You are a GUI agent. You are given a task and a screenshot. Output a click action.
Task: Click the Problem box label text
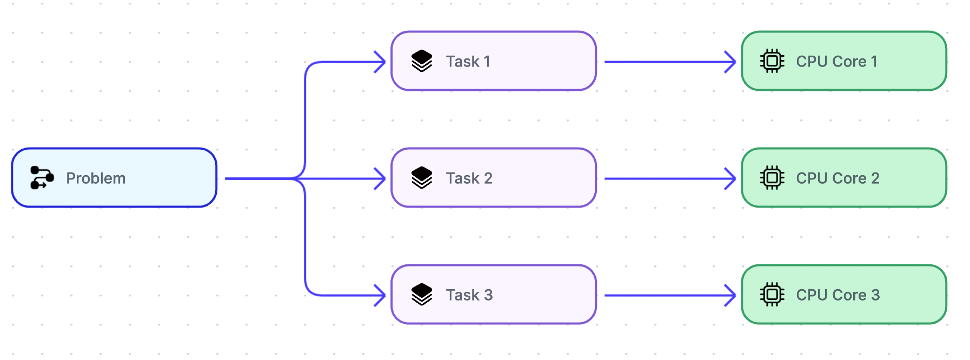click(x=96, y=178)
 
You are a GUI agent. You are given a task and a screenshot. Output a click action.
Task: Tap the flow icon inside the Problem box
click(x=42, y=178)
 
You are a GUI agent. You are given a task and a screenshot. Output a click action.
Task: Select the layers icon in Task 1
click(x=422, y=61)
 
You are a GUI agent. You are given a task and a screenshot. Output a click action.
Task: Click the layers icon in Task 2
click(x=422, y=178)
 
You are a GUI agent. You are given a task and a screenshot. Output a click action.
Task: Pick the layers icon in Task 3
click(x=422, y=295)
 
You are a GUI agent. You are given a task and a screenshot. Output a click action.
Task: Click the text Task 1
click(x=468, y=62)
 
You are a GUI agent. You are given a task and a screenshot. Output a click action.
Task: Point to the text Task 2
click(x=469, y=178)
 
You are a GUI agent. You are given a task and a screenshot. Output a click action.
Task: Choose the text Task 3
click(x=469, y=295)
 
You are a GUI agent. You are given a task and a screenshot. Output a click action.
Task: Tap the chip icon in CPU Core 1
click(x=772, y=61)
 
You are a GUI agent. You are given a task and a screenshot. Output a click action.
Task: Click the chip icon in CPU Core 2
click(x=772, y=178)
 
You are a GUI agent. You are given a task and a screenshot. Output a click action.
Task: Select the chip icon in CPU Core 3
click(x=772, y=295)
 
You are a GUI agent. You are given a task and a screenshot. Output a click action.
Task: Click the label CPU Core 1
click(x=836, y=62)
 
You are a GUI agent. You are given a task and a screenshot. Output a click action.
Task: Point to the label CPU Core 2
click(x=838, y=178)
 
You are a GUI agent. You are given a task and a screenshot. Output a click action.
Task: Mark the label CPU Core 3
click(x=838, y=295)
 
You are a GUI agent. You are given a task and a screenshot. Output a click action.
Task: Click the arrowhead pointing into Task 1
click(x=381, y=62)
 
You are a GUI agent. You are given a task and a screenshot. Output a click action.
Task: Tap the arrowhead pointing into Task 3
click(x=381, y=296)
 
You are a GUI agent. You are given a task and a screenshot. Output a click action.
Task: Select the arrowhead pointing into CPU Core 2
click(x=731, y=179)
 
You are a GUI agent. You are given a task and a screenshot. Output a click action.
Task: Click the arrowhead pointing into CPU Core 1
click(x=731, y=62)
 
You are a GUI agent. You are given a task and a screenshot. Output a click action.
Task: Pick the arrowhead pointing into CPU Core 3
click(x=731, y=296)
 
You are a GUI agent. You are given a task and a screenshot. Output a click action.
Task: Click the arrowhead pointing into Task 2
click(x=381, y=179)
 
